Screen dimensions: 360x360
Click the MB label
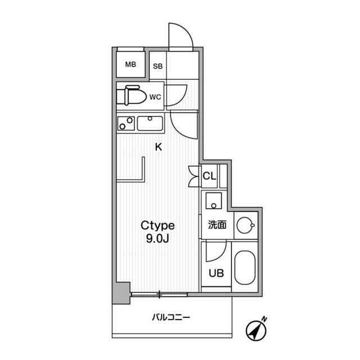click(130, 65)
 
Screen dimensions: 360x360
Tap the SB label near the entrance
click(157, 66)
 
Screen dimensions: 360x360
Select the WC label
click(155, 97)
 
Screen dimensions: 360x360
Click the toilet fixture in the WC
click(131, 95)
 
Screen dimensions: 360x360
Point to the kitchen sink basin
click(150, 123)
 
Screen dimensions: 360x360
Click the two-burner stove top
click(126, 123)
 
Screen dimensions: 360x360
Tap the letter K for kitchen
click(159, 147)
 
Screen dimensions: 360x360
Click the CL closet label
click(209, 176)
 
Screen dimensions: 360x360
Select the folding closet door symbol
click(193, 176)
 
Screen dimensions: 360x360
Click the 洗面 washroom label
click(217, 225)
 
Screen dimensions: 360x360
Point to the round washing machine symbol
click(246, 225)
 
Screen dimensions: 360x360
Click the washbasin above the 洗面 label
click(214, 201)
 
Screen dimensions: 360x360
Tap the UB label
click(216, 273)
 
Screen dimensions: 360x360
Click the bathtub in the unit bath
click(245, 268)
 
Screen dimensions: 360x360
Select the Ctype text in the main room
click(157, 226)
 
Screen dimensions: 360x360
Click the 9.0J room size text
click(157, 239)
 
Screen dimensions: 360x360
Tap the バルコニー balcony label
click(171, 317)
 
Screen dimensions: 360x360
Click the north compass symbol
click(256, 328)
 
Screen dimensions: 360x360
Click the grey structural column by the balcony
click(121, 293)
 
